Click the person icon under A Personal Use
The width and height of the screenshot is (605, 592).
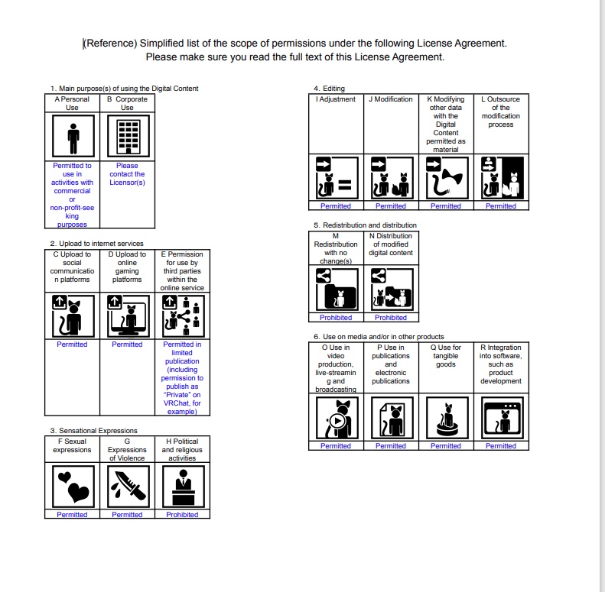point(72,137)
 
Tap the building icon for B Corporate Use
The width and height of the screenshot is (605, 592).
point(127,137)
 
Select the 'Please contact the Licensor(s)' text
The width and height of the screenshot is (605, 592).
point(127,174)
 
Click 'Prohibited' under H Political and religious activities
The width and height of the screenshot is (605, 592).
point(182,515)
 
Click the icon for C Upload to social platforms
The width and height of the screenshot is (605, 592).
point(72,315)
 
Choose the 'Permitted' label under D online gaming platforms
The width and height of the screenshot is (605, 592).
point(127,345)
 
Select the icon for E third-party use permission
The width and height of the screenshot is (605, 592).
point(182,315)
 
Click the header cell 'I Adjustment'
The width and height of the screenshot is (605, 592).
point(336,99)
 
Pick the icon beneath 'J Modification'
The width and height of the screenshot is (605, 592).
point(391,178)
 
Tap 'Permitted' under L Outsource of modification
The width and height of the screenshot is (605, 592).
point(501,206)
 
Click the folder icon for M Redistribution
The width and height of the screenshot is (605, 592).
point(336,290)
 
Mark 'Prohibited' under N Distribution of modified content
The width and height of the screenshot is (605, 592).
point(391,318)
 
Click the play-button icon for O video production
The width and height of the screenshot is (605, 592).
point(336,418)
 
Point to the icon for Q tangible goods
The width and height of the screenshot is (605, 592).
point(446,418)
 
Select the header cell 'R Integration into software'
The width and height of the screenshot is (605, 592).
point(501,364)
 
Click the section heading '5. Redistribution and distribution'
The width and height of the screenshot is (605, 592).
point(365,225)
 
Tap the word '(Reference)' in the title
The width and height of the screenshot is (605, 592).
point(110,44)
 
